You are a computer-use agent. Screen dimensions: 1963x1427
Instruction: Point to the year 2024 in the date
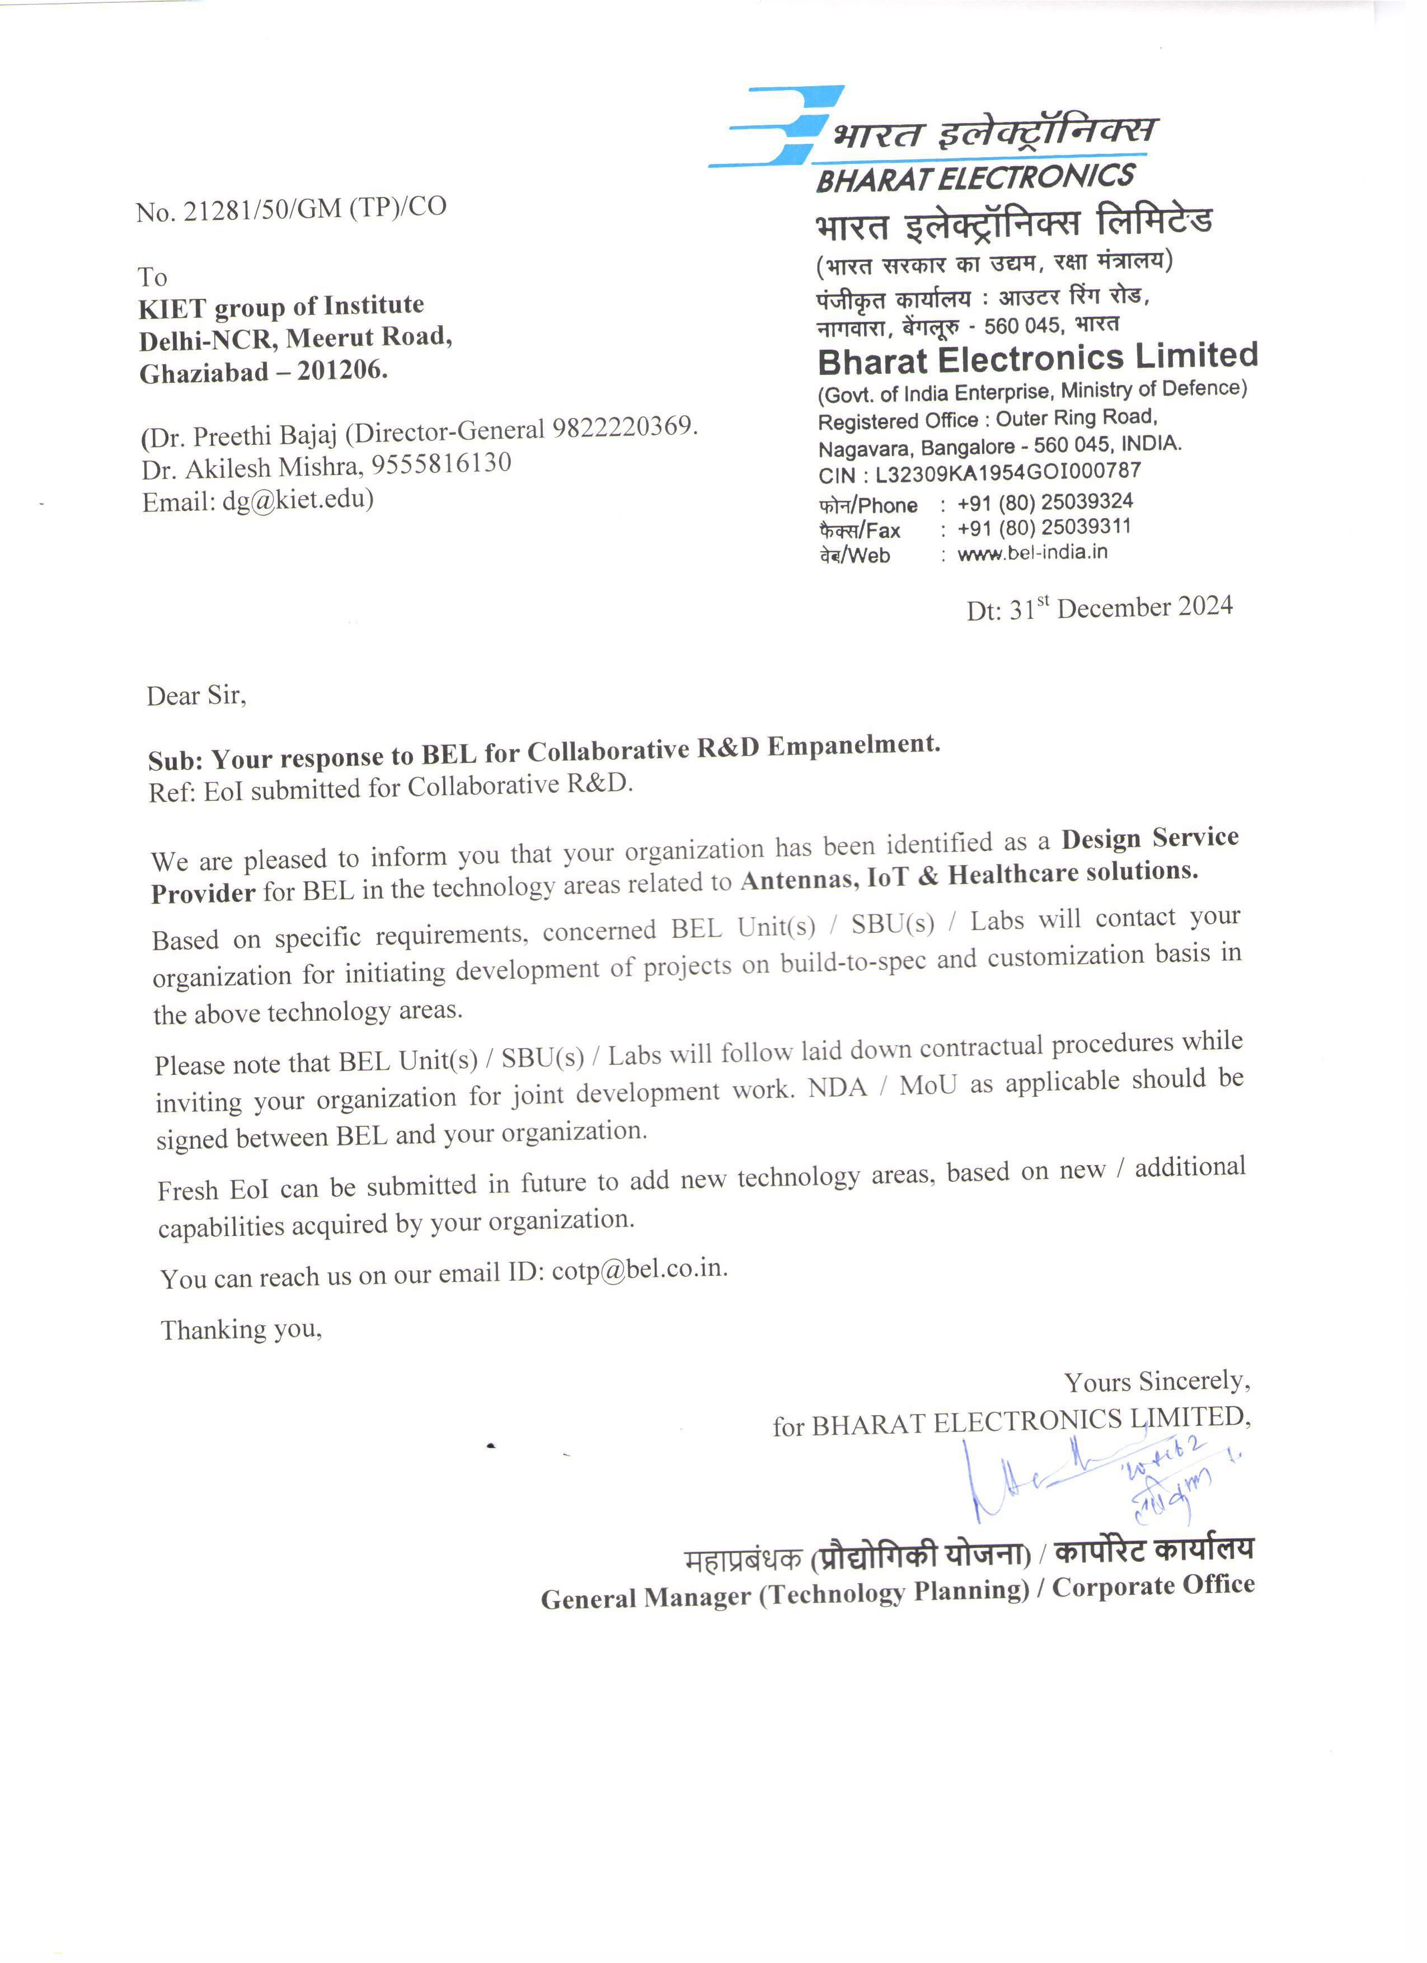(x=1205, y=606)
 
